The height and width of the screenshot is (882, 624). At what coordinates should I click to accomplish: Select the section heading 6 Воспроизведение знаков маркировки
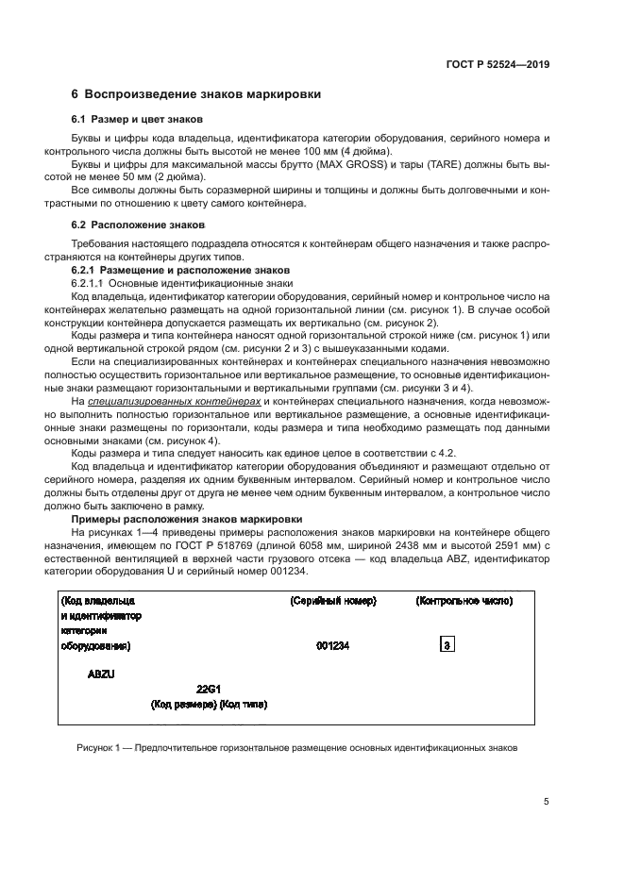tap(196, 94)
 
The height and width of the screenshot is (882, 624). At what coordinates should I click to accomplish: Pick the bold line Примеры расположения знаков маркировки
tap(187, 519)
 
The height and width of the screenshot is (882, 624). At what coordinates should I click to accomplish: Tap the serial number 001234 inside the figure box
tap(333, 646)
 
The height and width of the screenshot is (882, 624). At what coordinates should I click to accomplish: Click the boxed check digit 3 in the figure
tap(447, 646)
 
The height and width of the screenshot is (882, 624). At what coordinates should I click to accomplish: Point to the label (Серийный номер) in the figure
tap(333, 601)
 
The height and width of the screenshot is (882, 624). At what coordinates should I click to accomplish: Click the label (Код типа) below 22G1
tap(244, 704)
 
